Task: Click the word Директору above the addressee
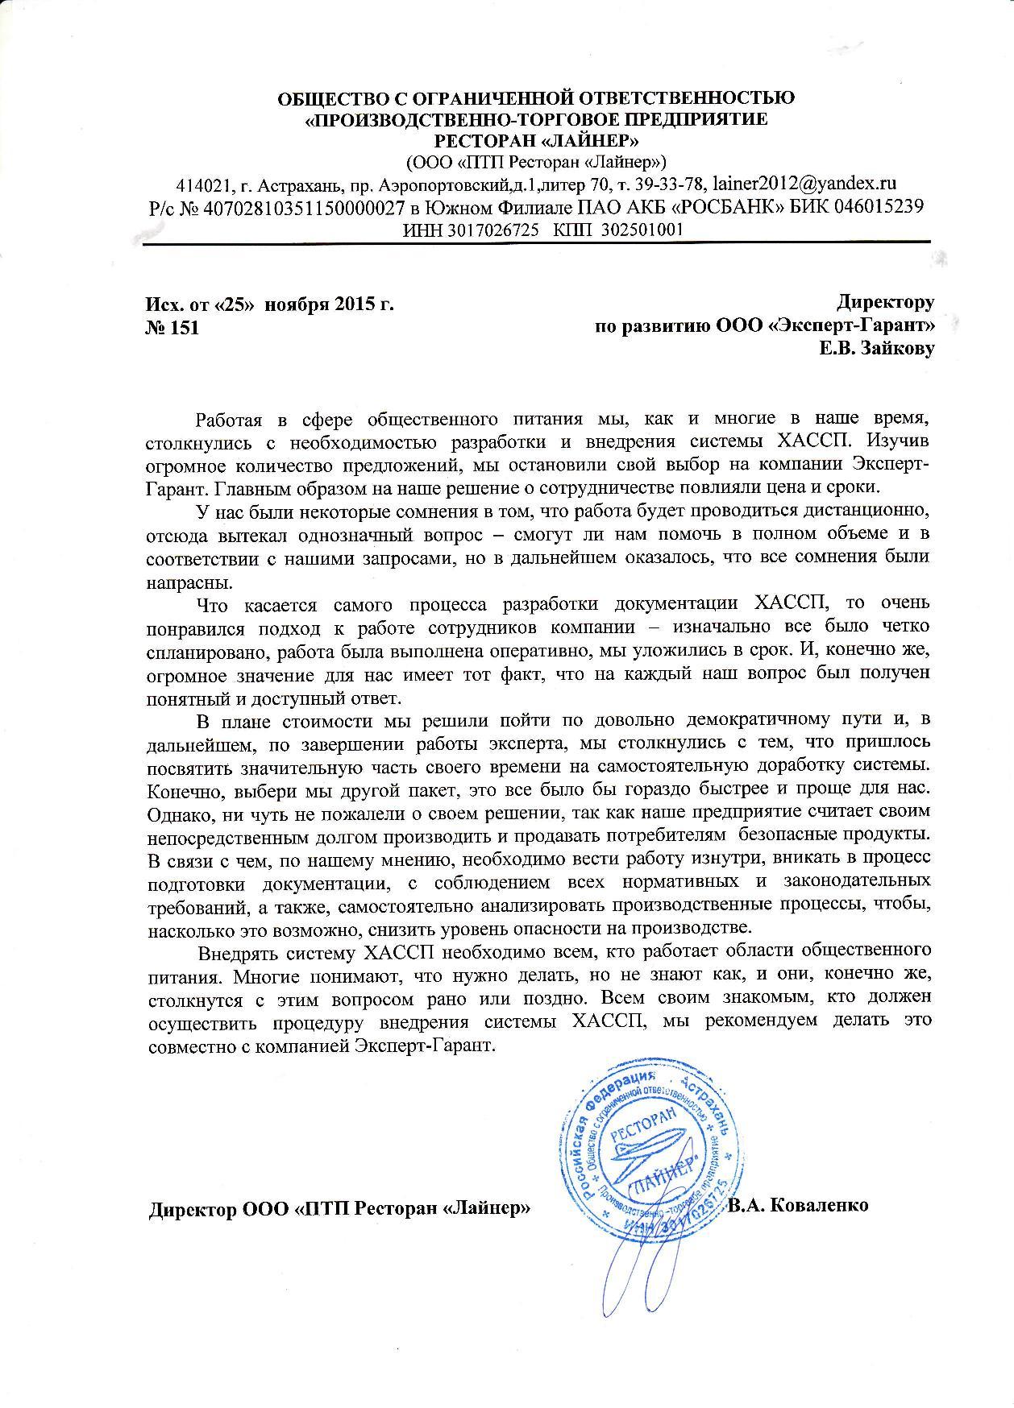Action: click(885, 303)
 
